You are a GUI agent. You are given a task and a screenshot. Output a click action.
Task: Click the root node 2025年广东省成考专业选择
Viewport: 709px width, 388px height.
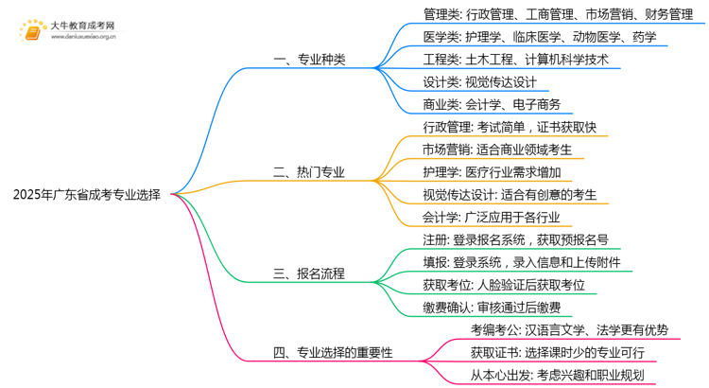point(86,195)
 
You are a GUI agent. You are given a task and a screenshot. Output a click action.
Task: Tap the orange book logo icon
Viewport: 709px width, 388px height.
point(32,31)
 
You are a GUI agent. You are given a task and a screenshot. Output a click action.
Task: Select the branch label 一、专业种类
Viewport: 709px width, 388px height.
point(309,60)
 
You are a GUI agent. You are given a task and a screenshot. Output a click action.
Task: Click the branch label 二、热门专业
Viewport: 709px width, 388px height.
point(309,172)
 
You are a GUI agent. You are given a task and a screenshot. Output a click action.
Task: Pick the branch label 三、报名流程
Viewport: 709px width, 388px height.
point(309,273)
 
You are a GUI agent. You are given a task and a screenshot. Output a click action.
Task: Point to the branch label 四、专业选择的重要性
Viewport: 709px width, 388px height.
point(333,352)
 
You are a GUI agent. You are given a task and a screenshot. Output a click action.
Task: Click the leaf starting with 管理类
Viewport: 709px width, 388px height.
point(558,14)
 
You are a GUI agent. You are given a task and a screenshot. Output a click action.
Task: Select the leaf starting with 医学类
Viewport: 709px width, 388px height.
point(540,37)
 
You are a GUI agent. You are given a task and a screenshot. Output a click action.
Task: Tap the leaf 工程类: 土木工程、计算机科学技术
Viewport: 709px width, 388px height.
point(515,60)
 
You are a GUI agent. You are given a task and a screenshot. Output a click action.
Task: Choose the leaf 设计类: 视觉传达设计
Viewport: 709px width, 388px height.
point(479,82)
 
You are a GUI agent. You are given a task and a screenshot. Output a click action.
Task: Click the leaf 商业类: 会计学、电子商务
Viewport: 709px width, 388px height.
point(492,105)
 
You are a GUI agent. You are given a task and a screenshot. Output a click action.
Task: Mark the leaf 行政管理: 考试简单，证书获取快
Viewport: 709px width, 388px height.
point(510,127)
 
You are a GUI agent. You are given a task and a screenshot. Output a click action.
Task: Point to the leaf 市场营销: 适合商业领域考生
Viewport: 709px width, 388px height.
point(497,150)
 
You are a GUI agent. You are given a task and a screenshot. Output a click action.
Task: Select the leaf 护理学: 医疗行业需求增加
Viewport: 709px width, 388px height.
point(492,172)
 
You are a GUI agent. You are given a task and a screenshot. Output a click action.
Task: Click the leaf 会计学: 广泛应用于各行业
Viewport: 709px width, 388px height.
point(492,218)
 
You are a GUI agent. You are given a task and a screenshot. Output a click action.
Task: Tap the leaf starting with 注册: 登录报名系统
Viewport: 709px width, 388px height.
point(515,240)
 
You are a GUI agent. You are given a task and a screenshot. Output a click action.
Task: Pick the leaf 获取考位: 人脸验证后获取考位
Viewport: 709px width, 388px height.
point(504,285)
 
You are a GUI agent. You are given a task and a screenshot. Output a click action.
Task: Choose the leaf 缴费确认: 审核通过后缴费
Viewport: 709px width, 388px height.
point(492,308)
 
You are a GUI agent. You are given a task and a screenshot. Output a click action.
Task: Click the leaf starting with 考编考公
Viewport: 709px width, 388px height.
point(569,330)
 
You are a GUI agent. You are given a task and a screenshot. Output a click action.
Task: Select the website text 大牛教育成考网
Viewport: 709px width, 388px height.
point(83,26)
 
